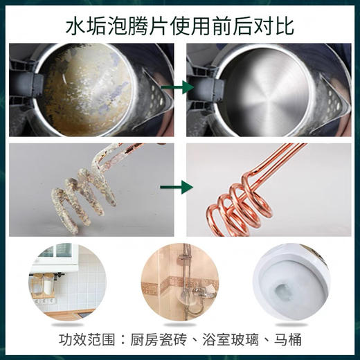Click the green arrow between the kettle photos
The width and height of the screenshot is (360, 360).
point(180,89)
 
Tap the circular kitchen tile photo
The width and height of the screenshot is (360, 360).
point(67,285)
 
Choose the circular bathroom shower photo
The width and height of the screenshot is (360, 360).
point(179,285)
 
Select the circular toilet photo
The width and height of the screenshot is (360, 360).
point(291,285)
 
